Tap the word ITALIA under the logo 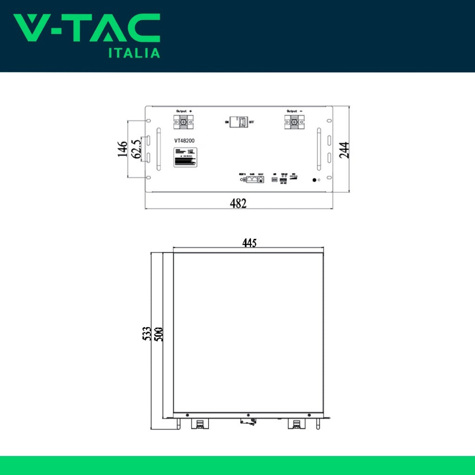pyautogui.click(x=134, y=53)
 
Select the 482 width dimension pyautogui.click(x=238, y=203)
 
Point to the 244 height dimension pyautogui.click(x=344, y=150)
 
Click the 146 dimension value pyautogui.click(x=122, y=149)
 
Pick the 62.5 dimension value pyautogui.click(x=136, y=149)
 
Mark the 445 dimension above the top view pyautogui.click(x=249, y=243)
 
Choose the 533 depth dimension pyautogui.click(x=147, y=334)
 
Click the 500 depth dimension pyautogui.click(x=159, y=334)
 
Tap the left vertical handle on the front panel pyautogui.click(x=158, y=149)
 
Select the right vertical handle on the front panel pyautogui.click(x=319, y=149)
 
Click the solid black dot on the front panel pyautogui.click(x=314, y=180)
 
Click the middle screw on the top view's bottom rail pyautogui.click(x=249, y=415)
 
